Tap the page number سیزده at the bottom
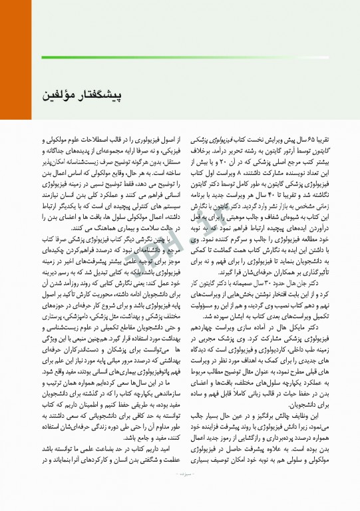pos(180,492)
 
